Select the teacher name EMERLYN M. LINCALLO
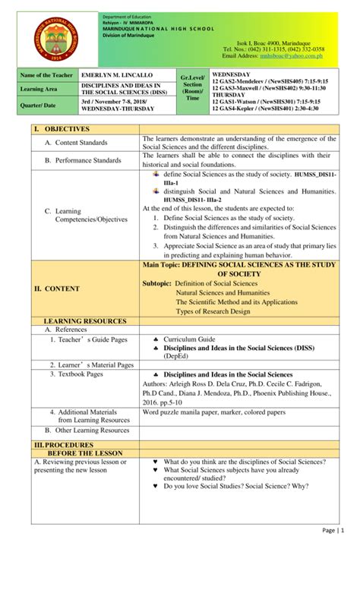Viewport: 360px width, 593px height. (x=116, y=76)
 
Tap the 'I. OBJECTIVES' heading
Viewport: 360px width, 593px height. (x=48, y=129)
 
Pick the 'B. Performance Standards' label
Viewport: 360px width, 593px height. (x=84, y=160)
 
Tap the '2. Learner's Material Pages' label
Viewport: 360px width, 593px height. (x=93, y=365)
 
